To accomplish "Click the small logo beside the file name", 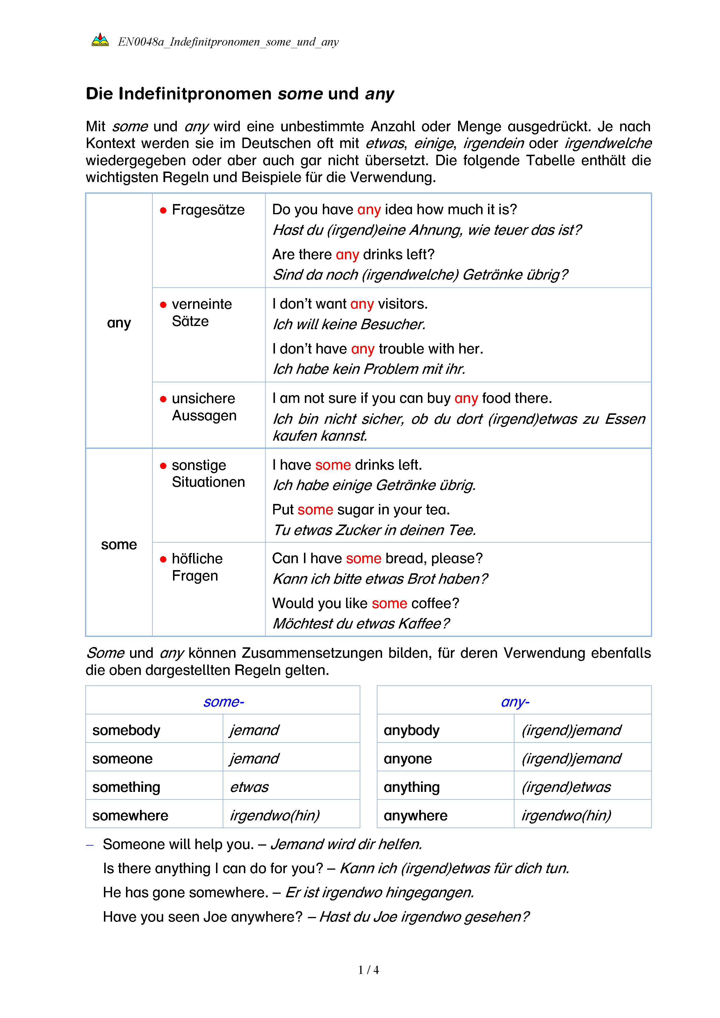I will (100, 40).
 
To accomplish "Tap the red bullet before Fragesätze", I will (163, 210).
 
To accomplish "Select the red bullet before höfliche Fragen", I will (163, 559).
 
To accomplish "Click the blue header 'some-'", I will (224, 702).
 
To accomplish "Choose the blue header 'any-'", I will (515, 702).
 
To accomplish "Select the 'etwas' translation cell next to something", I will (249, 787).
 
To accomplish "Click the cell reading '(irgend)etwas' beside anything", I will (566, 787).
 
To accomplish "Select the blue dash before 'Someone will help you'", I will (89, 845).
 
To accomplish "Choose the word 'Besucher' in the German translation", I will (392, 325).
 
